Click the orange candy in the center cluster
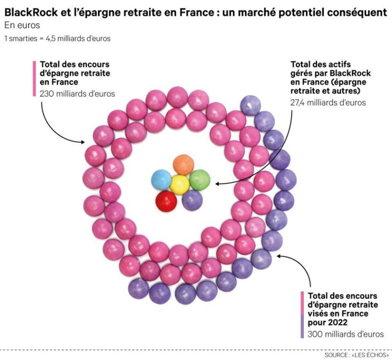pos(183,165)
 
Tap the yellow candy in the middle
pos(179,183)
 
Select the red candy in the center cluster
pos(166,200)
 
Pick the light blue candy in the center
pos(161,181)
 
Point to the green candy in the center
pos(200,180)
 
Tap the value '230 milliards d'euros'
pos(77,93)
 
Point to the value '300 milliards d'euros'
pos(346,334)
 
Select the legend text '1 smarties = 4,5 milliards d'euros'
pos(57,38)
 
